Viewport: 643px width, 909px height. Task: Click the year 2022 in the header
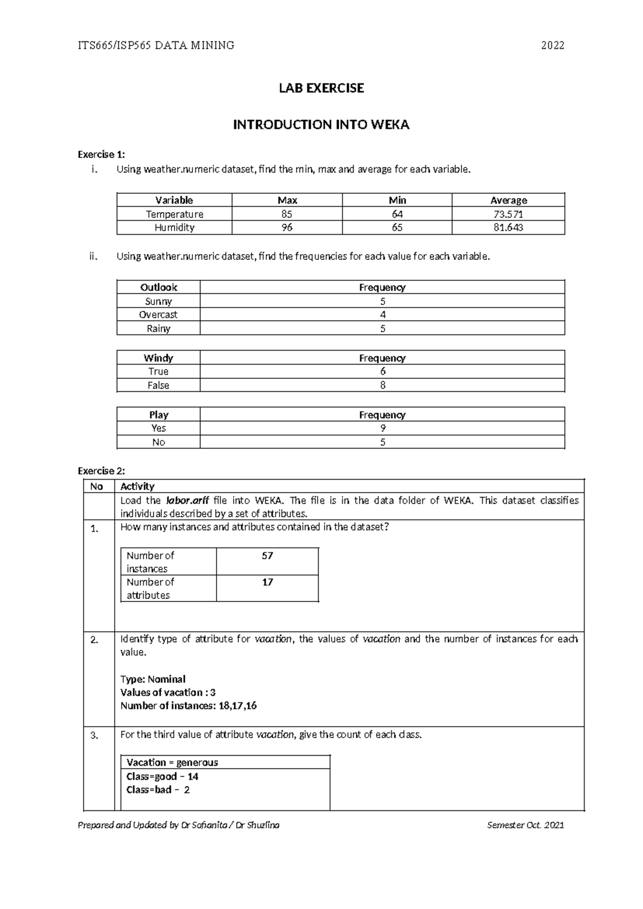[552, 46]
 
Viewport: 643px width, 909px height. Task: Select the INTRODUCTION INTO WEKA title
[321, 125]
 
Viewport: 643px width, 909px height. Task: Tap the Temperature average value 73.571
[508, 214]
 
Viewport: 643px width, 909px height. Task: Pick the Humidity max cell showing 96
[287, 227]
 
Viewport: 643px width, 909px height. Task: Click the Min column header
[397, 200]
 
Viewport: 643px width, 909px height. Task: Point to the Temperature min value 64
[397, 214]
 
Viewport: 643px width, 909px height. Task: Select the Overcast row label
[158, 315]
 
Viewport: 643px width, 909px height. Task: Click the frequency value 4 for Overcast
[382, 315]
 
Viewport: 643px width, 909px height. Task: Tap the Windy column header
[158, 357]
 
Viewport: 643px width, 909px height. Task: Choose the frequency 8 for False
[382, 385]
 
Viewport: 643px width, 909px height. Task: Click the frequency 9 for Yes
[382, 428]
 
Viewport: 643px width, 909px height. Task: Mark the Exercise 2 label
[101, 471]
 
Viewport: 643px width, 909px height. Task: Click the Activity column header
[137, 486]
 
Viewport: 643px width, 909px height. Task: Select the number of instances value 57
[267, 556]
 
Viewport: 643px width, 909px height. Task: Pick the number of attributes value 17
[267, 582]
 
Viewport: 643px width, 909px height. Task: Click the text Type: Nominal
[153, 679]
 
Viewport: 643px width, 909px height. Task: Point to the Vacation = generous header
[172, 762]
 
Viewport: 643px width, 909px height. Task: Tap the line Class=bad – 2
[158, 789]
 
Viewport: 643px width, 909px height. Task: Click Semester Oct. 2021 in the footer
[525, 825]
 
